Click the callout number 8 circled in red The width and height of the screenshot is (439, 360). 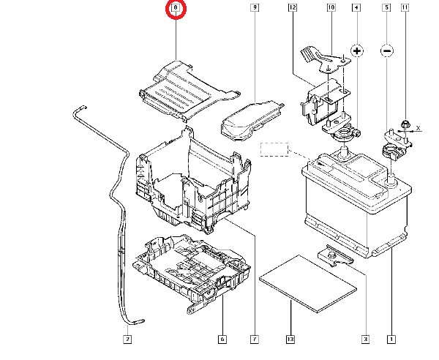[176, 10]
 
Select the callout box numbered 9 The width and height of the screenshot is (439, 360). [255, 8]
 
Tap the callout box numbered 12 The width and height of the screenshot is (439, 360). [292, 8]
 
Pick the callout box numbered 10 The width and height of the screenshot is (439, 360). [330, 8]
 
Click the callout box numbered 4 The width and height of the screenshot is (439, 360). [356, 8]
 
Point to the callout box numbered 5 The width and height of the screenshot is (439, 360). [386, 8]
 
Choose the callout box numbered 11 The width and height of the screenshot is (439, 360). [404, 8]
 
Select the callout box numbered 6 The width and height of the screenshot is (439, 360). [221, 340]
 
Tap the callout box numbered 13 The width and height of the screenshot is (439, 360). [291, 340]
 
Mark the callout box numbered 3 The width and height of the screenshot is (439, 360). [364, 340]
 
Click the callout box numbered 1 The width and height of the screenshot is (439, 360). [392, 340]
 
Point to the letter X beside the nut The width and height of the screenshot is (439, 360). [419, 127]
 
